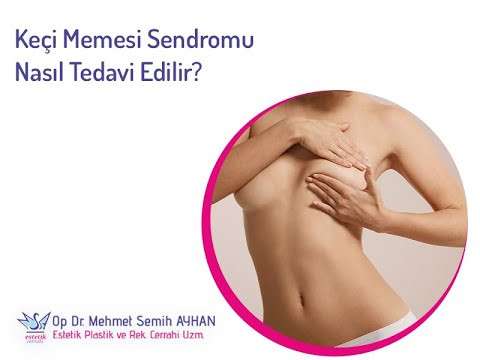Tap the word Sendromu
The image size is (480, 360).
tap(209, 41)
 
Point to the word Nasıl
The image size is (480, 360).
tap(41, 73)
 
